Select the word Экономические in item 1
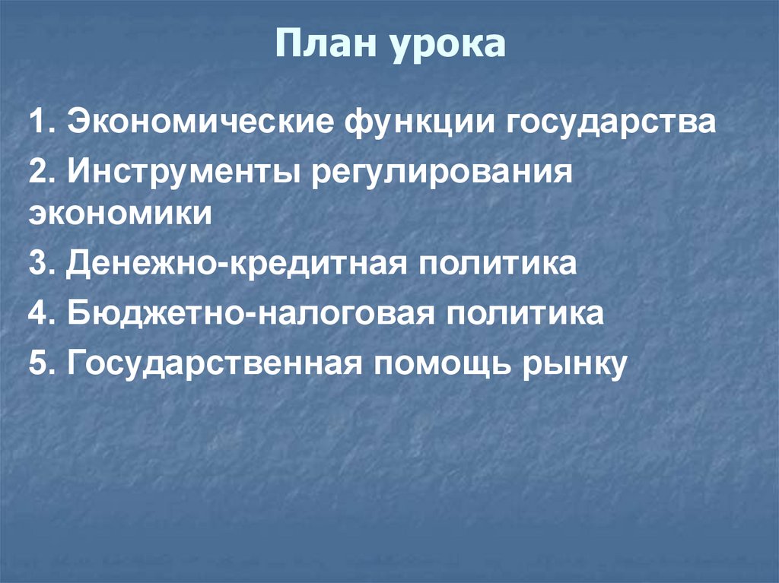(x=201, y=122)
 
